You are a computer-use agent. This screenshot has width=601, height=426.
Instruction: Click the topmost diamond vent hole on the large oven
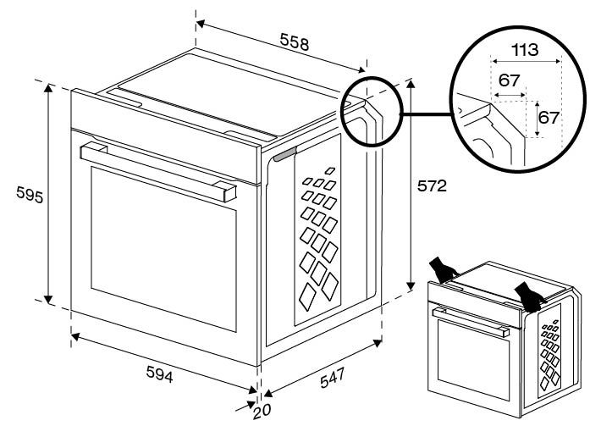point(329,172)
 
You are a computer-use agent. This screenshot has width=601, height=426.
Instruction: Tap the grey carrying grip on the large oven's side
point(284,153)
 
